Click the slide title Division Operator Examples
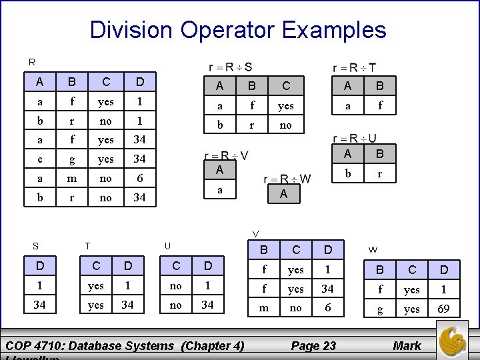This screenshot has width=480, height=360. (238, 30)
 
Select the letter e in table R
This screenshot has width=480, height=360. (41, 159)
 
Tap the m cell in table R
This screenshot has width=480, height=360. (73, 179)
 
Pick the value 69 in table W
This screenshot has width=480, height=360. (444, 309)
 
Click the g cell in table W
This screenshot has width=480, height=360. (381, 309)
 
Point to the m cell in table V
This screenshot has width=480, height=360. (263, 309)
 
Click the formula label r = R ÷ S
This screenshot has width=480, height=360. (231, 67)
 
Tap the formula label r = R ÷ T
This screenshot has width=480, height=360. (353, 67)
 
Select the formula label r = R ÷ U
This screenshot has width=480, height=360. (354, 138)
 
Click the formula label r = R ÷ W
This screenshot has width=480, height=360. (287, 179)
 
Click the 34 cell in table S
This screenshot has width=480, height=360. (41, 305)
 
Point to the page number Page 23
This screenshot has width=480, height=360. (313, 345)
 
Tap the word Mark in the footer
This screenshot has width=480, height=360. (407, 345)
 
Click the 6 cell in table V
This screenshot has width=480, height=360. (327, 309)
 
